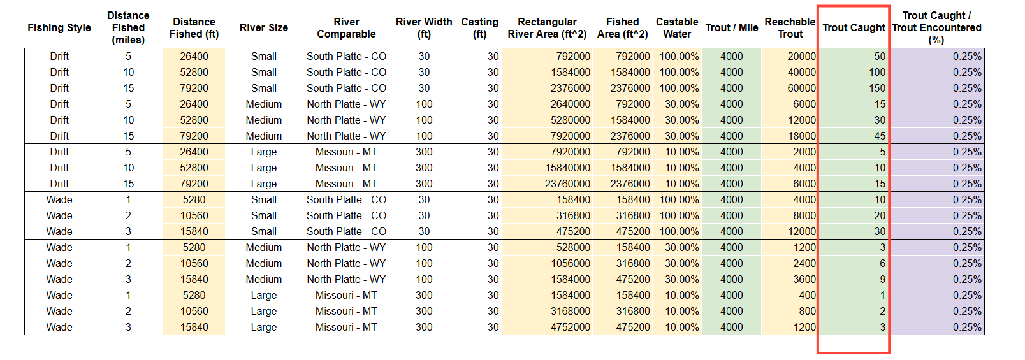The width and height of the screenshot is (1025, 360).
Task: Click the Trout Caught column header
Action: click(x=854, y=27)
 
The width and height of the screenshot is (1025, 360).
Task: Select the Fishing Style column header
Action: click(x=59, y=27)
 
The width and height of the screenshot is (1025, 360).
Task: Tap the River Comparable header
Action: click(x=346, y=27)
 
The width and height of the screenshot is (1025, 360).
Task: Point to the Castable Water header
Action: click(x=677, y=27)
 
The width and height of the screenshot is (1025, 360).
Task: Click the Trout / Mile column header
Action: click(x=731, y=27)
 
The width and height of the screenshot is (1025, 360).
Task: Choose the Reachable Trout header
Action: click(x=790, y=27)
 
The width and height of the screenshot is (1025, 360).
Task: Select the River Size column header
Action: click(x=264, y=27)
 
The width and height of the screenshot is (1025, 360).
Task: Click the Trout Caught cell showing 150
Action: click(x=877, y=88)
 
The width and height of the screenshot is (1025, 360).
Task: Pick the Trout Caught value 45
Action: click(x=880, y=136)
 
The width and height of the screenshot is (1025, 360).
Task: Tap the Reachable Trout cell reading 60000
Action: click(x=801, y=88)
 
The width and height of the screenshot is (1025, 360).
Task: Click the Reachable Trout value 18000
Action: click(x=801, y=136)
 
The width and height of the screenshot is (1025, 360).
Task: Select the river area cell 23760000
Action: click(x=567, y=184)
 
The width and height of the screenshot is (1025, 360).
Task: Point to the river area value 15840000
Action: click(x=567, y=168)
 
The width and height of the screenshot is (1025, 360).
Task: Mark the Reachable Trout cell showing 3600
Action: click(x=804, y=279)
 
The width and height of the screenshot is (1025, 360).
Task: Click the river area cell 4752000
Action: click(x=571, y=327)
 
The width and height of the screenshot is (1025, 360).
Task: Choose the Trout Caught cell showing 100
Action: click(x=877, y=72)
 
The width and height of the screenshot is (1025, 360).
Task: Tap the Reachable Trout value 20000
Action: click(x=801, y=56)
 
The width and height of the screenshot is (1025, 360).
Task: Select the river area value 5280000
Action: click(x=571, y=120)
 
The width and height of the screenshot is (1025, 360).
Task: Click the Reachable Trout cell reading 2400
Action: click(x=804, y=263)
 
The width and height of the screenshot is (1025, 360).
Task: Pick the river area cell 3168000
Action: click(x=571, y=311)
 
